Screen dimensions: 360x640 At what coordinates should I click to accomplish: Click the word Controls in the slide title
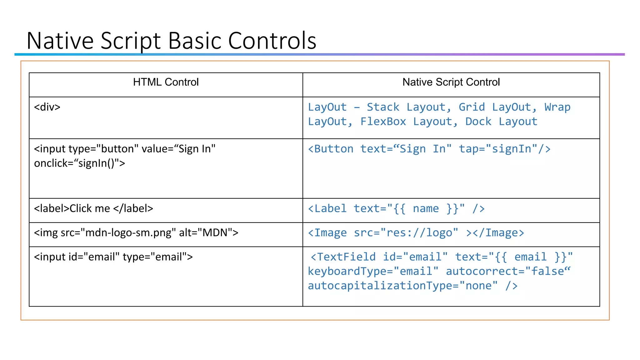pyautogui.click(x=272, y=41)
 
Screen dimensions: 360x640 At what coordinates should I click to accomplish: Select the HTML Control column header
pyautogui.click(x=166, y=82)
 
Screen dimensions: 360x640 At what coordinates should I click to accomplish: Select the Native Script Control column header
pyautogui.click(x=451, y=82)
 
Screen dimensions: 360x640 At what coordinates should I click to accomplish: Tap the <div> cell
pyautogui.click(x=47, y=107)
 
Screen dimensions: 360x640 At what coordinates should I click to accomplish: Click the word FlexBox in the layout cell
pyautogui.click(x=383, y=122)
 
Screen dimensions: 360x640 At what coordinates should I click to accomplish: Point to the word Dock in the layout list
pyautogui.click(x=478, y=122)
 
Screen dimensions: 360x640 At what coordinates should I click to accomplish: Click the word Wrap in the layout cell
pyautogui.click(x=557, y=107)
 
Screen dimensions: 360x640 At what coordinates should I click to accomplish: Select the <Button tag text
pyautogui.click(x=331, y=149)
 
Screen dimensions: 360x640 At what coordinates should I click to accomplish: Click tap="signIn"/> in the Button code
pyautogui.click(x=504, y=149)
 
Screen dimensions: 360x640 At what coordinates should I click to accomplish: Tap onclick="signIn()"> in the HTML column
pyautogui.click(x=79, y=163)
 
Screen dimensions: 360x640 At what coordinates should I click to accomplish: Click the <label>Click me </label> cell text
pyautogui.click(x=93, y=208)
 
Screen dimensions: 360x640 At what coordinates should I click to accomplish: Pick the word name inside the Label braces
pyautogui.click(x=426, y=208)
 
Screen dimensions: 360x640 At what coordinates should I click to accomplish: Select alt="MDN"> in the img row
pyautogui.click(x=208, y=233)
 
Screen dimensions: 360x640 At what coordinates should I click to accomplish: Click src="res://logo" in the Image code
pyautogui.click(x=406, y=233)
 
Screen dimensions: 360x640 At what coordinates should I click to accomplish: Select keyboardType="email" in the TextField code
pyautogui.click(x=373, y=271)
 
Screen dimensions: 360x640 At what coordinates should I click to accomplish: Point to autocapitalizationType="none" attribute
pyautogui.click(x=403, y=286)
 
